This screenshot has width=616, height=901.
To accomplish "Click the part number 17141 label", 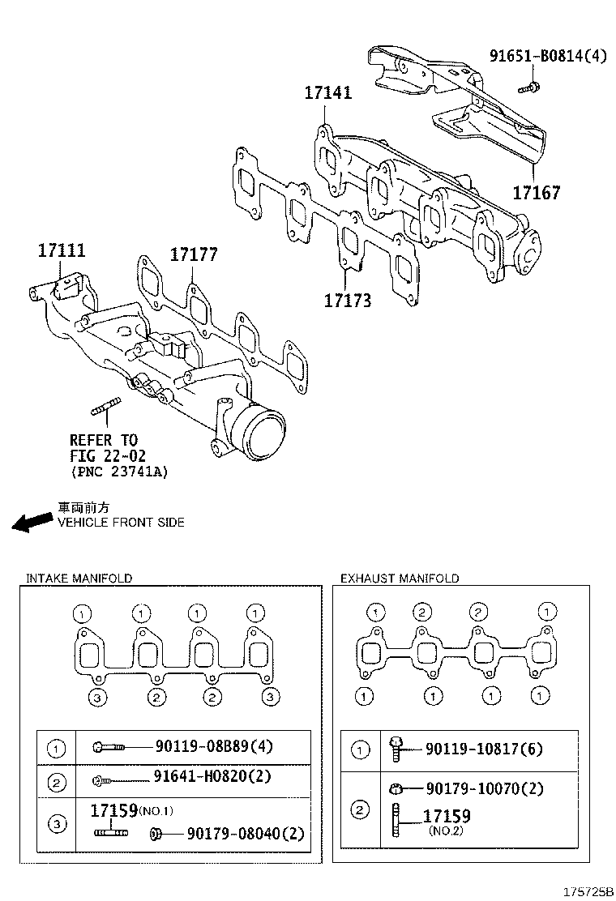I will point(328,93).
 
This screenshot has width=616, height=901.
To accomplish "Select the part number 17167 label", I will point(536,194).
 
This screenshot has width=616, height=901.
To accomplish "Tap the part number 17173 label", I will point(348,301).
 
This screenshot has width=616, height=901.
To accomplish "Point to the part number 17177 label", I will point(194,254).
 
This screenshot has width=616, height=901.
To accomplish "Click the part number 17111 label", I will point(62,251).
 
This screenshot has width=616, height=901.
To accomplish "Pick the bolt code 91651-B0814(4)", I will point(547,56).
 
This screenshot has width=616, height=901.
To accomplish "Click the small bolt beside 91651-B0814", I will point(531,84).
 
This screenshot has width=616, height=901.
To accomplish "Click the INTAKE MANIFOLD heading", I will point(79,579).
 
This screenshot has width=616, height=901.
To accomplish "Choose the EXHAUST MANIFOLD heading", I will point(400,579).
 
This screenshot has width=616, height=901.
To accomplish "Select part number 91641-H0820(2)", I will point(212,778).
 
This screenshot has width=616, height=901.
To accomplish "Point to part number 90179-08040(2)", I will point(245,832).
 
